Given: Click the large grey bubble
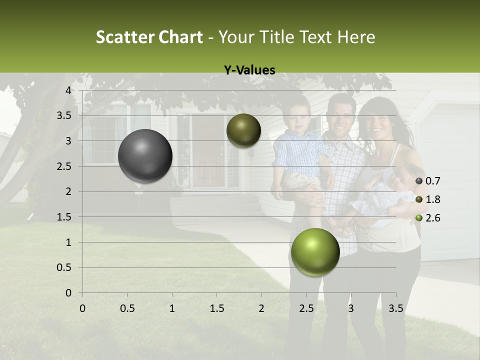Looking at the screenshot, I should pyautogui.click(x=145, y=156).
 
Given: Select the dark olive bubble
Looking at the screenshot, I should pyautogui.click(x=243, y=130).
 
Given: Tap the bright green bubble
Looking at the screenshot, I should pyautogui.click(x=315, y=252).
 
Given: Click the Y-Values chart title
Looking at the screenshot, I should pyautogui.click(x=249, y=70).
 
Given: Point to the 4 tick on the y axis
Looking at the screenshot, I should pyautogui.click(x=68, y=90).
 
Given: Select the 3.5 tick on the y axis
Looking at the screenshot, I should pyautogui.click(x=64, y=115).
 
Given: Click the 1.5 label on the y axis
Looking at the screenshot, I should pyautogui.click(x=64, y=217).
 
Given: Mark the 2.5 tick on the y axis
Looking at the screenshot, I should pyautogui.click(x=64, y=166).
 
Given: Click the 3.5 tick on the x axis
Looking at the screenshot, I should pyautogui.click(x=395, y=308).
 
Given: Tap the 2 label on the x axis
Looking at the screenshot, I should pyautogui.click(x=261, y=308).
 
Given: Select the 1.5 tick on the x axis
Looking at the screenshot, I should pyautogui.click(x=216, y=308).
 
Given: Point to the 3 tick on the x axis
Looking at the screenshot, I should pyautogui.click(x=350, y=308).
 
